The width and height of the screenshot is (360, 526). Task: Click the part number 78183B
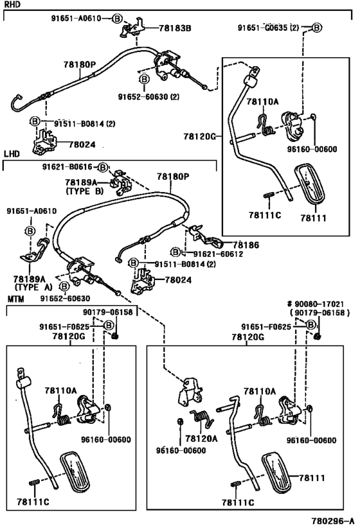click(x=175, y=28)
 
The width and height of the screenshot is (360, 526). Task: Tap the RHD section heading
click(x=12, y=4)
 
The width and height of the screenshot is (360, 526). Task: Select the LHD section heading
click(x=12, y=154)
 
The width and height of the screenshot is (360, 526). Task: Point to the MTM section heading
click(x=16, y=299)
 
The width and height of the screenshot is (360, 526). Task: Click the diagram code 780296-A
click(x=333, y=521)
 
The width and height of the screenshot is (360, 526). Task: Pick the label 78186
click(x=246, y=245)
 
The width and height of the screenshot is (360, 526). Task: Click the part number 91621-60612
click(x=218, y=254)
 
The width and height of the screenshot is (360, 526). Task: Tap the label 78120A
click(x=201, y=439)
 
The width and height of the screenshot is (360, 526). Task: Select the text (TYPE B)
click(x=84, y=191)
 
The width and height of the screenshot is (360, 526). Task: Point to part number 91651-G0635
click(x=263, y=28)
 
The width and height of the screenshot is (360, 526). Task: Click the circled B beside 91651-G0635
click(x=317, y=28)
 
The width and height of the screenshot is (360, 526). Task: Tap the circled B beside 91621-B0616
click(x=103, y=167)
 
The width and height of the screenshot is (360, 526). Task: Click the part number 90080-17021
click(x=319, y=304)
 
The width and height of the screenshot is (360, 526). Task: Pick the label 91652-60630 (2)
click(x=148, y=97)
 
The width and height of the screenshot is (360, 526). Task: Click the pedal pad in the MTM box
click(x=75, y=472)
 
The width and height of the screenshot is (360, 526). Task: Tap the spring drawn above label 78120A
click(x=202, y=418)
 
